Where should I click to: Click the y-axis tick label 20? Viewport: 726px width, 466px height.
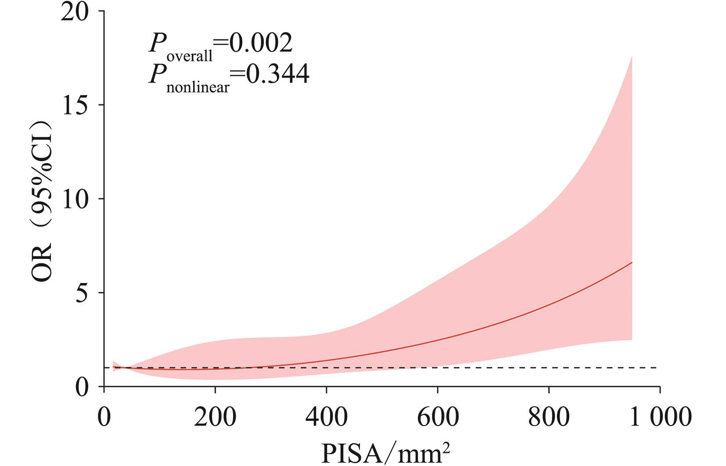point(75,12)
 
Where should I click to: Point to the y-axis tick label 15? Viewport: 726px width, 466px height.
point(75,105)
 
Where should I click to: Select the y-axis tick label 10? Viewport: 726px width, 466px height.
point(75,199)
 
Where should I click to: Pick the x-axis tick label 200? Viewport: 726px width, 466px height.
point(215,416)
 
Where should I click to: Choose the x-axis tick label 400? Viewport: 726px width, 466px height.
point(327,416)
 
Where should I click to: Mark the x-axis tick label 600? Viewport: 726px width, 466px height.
point(438,416)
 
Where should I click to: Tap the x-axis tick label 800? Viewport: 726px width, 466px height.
point(549,416)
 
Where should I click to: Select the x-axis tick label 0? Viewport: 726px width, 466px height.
point(104,416)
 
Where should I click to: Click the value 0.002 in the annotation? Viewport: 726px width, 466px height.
point(261,43)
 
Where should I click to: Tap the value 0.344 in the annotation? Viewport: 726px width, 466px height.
point(277,74)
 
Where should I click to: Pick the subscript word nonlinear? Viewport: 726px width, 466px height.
point(198,87)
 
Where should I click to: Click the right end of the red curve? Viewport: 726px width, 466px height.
point(632,262)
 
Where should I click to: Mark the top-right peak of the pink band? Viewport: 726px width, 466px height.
point(631,57)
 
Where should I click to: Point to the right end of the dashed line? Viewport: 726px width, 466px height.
point(657,368)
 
